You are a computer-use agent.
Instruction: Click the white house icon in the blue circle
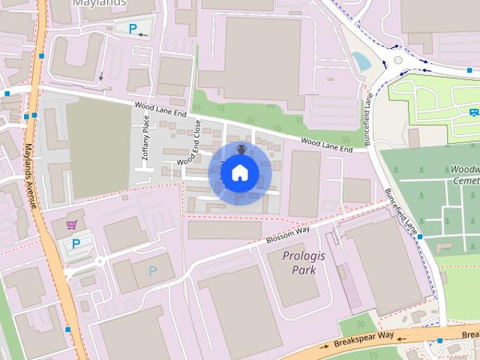point(240,173)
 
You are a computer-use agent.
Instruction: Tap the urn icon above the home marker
point(241,149)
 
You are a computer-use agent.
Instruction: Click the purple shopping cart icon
point(72,225)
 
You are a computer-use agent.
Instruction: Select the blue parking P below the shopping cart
point(75,244)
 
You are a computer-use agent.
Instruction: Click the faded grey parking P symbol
point(153,271)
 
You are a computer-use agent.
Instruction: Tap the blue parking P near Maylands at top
point(133,29)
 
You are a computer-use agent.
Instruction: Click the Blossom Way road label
point(287,236)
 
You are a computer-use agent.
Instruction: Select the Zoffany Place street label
point(146,139)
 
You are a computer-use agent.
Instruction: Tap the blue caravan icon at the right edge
point(474,112)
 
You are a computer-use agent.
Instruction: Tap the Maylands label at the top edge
point(103,3)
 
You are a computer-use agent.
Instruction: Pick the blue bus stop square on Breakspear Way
point(440,340)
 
